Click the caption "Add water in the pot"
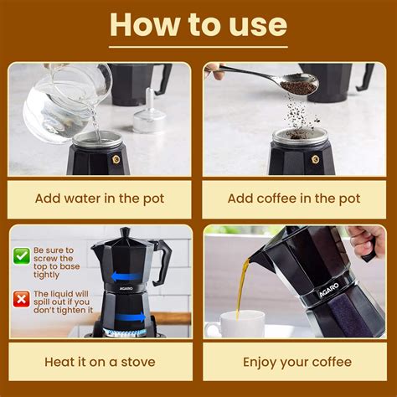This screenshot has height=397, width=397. [x=99, y=199]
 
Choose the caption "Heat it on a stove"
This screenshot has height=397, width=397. [x=99, y=362]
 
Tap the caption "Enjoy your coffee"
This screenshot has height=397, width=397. [x=296, y=362]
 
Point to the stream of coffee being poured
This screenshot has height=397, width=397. [x=242, y=285]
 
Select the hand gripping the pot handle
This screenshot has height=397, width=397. [x=366, y=242]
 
